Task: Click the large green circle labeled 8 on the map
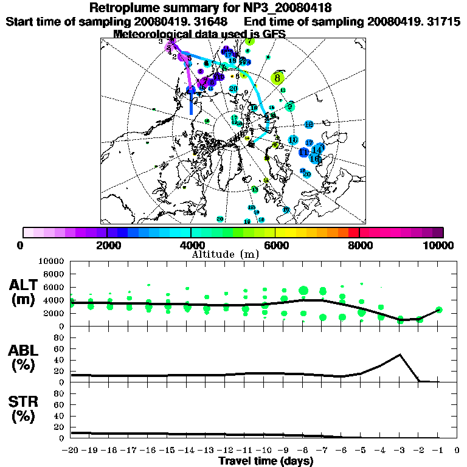(x=277, y=78)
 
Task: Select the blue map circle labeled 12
(x=308, y=125)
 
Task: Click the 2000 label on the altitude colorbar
(x=107, y=246)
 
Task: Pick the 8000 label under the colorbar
(x=359, y=246)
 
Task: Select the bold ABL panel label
(x=25, y=350)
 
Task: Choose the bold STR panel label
(x=25, y=402)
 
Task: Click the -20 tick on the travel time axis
(x=71, y=451)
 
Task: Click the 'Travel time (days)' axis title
(x=265, y=461)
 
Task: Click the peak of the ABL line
(x=401, y=355)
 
